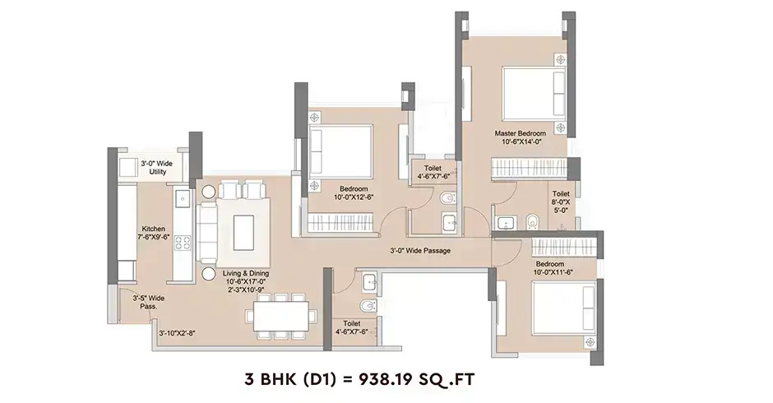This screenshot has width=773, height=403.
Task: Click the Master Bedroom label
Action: (520, 133)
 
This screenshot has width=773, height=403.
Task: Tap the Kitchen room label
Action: (153, 229)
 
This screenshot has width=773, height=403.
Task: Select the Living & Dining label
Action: (246, 273)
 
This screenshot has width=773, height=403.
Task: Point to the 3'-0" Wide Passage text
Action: (420, 251)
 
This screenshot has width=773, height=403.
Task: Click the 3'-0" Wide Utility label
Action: (157, 168)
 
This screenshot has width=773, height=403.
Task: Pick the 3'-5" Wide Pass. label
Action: (148, 303)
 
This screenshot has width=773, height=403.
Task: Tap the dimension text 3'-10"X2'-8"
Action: (177, 333)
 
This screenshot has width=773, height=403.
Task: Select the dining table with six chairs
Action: (281, 316)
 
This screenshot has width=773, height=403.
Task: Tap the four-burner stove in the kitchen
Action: (183, 243)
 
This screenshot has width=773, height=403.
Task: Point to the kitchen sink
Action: (182, 199)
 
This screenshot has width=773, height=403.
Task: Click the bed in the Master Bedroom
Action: (535, 94)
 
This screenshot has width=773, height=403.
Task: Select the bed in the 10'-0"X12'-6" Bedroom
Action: (340, 151)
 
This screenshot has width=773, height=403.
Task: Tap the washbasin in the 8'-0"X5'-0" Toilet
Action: (506, 223)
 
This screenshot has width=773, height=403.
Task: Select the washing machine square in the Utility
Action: (128, 167)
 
